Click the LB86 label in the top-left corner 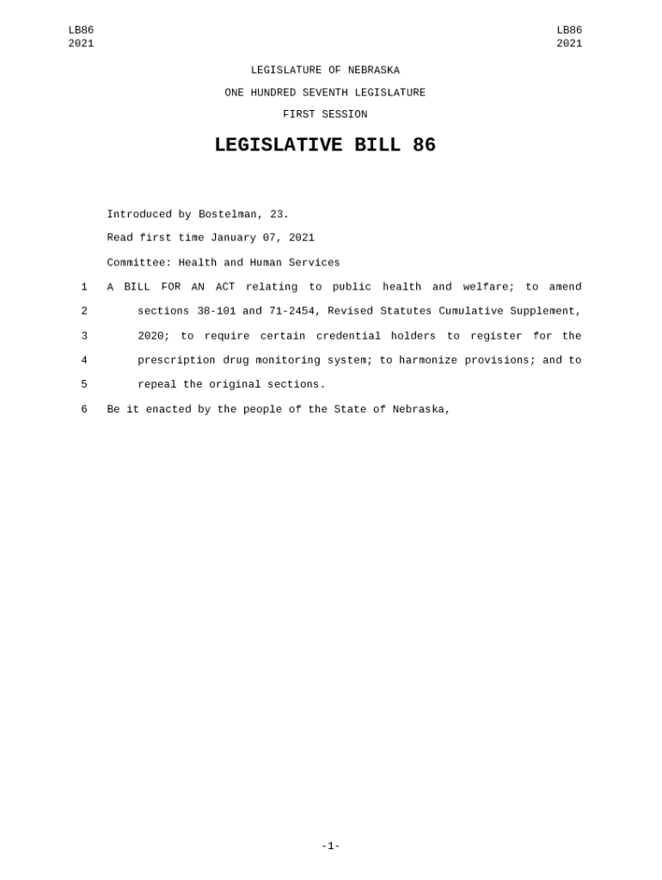[81, 30]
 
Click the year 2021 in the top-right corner [569, 44]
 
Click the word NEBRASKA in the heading [373, 70]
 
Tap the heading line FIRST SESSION [325, 114]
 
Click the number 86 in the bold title [424, 146]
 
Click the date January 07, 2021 [262, 238]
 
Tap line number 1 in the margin [84, 287]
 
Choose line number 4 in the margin [84, 361]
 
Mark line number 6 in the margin [84, 410]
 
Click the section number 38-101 [217, 311]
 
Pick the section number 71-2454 [292, 311]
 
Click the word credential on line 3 [348, 336]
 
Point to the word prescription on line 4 [177, 361]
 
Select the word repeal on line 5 [157, 385]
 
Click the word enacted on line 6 [169, 410]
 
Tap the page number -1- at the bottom [331, 846]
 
